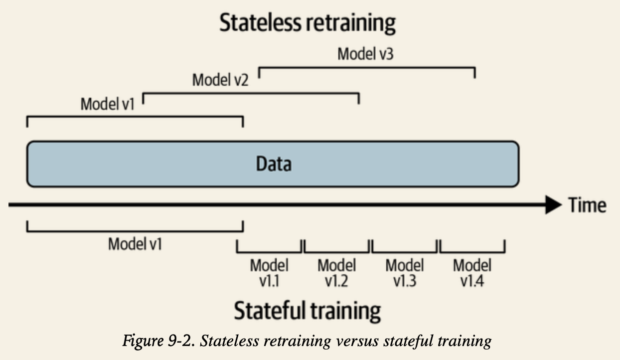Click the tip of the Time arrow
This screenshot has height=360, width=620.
tap(562, 205)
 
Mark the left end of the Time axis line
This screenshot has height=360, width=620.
tap(8, 205)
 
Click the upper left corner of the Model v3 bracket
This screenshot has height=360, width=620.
tap(259, 68)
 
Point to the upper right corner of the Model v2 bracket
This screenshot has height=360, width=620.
tap(359, 94)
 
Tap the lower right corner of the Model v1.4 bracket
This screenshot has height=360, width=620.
tap(505, 252)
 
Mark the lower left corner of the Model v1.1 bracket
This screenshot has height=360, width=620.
tap(237, 252)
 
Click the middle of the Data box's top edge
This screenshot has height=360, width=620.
tap(273, 142)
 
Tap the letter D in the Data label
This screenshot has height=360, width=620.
tap(261, 164)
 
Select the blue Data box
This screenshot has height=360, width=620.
tap(273, 164)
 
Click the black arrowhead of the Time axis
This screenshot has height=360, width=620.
tap(554, 205)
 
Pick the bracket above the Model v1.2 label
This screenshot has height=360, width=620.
tap(337, 246)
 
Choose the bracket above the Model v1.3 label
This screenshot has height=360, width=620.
tap(405, 246)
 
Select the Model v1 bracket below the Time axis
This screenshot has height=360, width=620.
tap(135, 226)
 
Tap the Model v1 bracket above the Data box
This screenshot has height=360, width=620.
tap(135, 122)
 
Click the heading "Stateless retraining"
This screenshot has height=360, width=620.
tap(308, 23)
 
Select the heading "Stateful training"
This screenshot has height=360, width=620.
tap(308, 311)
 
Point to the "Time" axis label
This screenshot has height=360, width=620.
tap(587, 205)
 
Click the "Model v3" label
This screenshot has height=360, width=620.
tap(365, 54)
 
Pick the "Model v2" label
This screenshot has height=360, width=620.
tap(220, 80)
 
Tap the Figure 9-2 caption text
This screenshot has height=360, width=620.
tap(307, 341)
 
